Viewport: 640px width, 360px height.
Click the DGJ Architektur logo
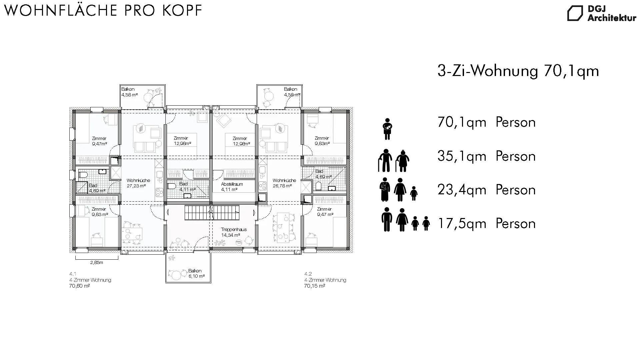coord(602,14)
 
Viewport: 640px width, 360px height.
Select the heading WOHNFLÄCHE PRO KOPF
coord(103,10)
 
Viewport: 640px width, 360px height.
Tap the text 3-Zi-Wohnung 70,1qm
coord(518,71)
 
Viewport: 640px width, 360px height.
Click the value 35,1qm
coord(462,156)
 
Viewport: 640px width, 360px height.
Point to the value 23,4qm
coord(462,190)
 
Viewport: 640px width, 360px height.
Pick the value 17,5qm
coord(462,224)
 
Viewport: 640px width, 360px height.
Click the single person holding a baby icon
coord(387,129)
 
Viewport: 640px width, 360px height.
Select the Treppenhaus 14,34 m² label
coord(230,232)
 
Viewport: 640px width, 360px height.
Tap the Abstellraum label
coord(232,184)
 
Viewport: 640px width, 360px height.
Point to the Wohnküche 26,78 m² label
coord(284,183)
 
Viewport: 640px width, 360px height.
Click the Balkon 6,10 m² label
coord(196,273)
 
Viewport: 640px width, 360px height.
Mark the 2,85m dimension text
coord(97,262)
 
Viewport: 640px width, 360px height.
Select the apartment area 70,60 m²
coord(79,286)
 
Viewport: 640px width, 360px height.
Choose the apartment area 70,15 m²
coord(314,286)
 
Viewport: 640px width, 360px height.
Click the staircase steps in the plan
coord(212,213)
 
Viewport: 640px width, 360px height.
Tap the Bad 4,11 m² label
coord(185,186)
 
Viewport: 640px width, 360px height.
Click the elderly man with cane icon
coord(385,160)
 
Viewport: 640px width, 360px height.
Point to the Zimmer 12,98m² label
coord(182,141)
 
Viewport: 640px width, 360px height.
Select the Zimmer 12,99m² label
coord(241,141)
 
